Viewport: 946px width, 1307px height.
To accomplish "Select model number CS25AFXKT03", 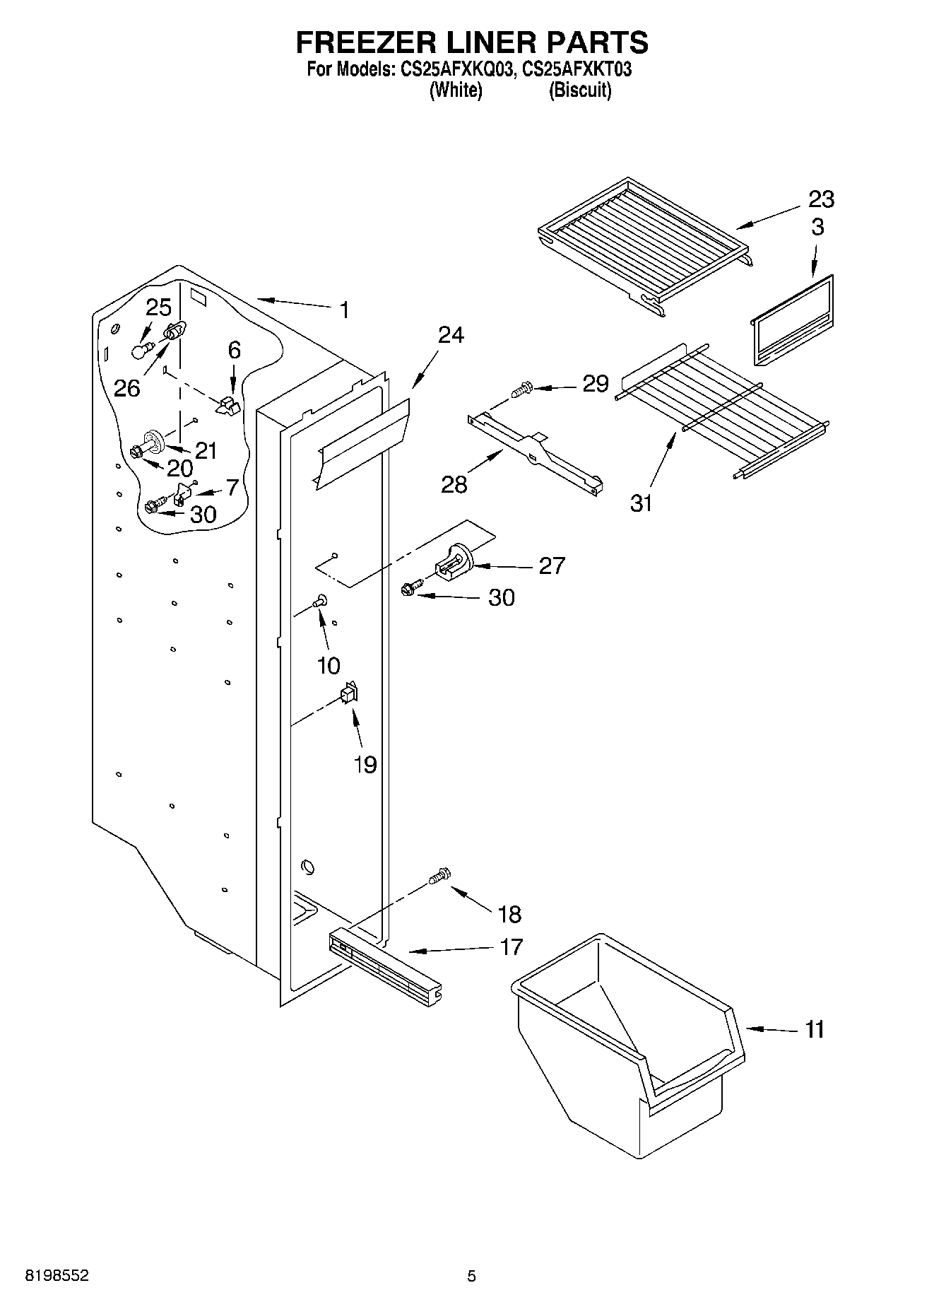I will coord(576,70).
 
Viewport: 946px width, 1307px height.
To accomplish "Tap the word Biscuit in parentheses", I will coord(580,90).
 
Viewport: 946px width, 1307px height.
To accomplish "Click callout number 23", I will coord(820,200).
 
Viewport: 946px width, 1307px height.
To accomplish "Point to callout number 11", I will coord(815,1030).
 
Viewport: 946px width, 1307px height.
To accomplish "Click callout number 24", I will coord(450,334).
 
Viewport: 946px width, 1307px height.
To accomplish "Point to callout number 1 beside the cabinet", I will coord(343,310).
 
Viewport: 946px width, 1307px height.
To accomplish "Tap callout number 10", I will coord(329,665).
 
